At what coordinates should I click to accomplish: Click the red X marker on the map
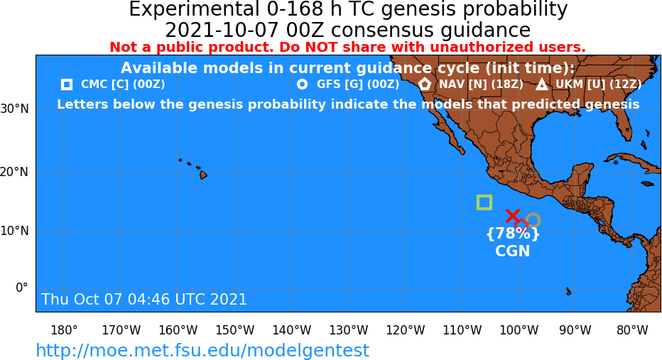tap(513, 216)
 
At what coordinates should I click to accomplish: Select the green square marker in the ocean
tap(484, 196)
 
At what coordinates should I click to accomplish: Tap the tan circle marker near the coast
tap(533, 214)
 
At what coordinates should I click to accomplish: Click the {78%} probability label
tap(513, 234)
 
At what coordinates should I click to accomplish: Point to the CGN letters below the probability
tap(513, 251)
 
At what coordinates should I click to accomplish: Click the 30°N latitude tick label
tap(14, 109)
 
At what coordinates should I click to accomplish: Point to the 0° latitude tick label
tap(21, 288)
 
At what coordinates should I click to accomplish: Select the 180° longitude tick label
tap(64, 330)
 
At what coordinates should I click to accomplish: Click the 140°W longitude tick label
tap(292, 330)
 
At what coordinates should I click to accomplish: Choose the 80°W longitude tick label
tap(632, 330)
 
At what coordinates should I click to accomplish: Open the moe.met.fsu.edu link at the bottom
tap(202, 350)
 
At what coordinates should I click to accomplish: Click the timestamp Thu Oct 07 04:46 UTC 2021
tap(144, 299)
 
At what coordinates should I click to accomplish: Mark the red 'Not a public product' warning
tap(347, 47)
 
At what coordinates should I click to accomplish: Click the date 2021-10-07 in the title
tap(222, 31)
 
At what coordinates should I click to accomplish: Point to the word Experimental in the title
tap(194, 10)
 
